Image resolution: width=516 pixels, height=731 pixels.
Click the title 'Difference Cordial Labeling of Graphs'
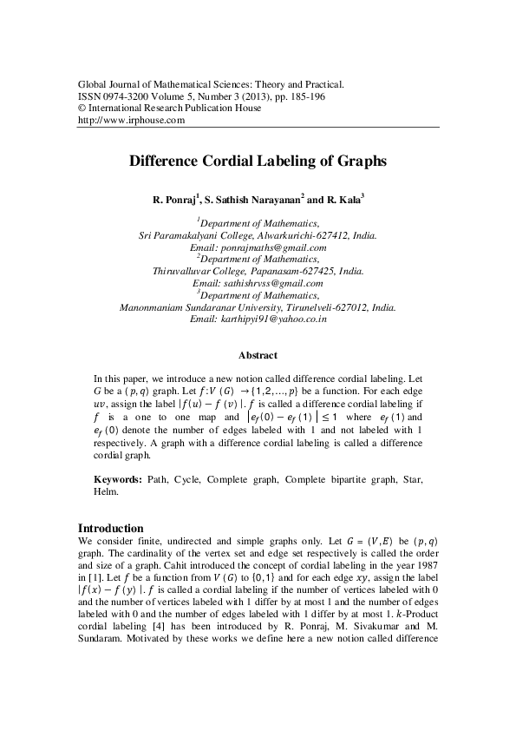(x=258, y=161)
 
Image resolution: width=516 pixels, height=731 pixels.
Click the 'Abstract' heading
(x=258, y=355)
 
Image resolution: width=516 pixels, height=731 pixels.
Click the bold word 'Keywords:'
(x=117, y=479)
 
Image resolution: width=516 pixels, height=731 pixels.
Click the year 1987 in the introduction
(x=427, y=565)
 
